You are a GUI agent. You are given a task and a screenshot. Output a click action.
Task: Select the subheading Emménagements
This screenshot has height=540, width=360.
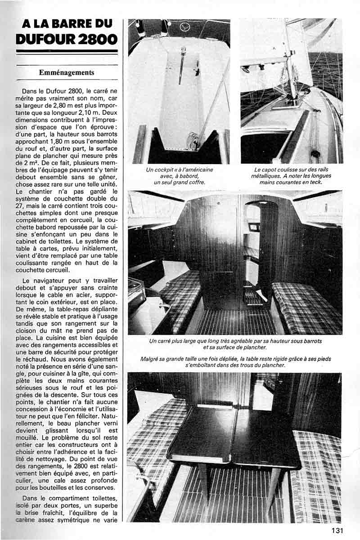pos(66,72)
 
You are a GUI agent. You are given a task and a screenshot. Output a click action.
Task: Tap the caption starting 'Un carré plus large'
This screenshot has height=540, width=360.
pos(235,344)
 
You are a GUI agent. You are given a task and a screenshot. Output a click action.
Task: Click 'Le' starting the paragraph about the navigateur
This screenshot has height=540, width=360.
pos(27,281)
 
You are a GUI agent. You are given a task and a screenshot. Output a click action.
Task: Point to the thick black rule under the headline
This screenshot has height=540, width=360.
pos(66,51)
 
